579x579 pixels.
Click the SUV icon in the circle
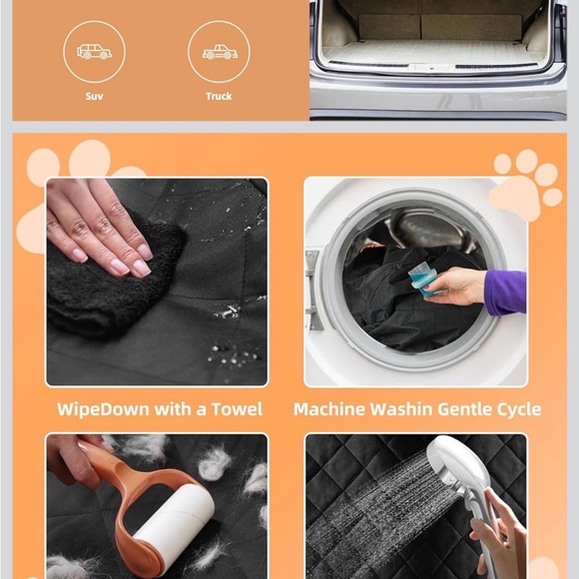[94, 52]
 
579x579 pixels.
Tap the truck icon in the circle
[220, 52]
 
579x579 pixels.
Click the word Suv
[94, 97]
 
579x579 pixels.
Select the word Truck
[219, 97]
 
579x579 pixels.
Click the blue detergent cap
[423, 282]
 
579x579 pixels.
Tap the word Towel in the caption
[237, 409]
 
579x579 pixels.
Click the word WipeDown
[103, 409]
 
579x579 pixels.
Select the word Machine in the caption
[329, 409]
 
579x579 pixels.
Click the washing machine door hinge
[312, 289]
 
